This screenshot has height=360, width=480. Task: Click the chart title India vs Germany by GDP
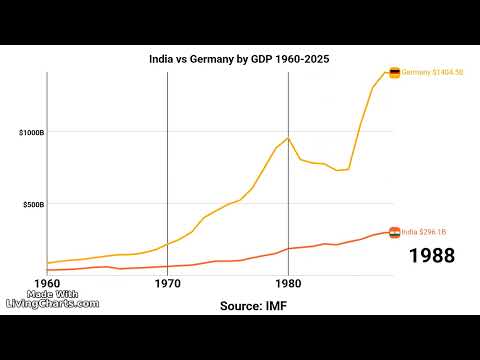(239, 59)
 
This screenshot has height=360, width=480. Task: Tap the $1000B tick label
(30, 133)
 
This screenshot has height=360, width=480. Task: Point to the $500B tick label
(32, 204)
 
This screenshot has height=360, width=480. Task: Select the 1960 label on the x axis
(47, 283)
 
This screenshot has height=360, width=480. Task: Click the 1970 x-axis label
(167, 283)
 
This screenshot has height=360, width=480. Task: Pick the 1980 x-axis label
(288, 283)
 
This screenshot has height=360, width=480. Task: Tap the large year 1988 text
(432, 256)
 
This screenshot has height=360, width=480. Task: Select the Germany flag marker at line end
(395, 73)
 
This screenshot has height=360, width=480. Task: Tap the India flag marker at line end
(395, 232)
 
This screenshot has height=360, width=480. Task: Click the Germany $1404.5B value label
(432, 73)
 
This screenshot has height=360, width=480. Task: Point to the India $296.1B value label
(425, 232)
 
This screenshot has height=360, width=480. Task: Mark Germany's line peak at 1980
(288, 138)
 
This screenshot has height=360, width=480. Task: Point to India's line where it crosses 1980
(288, 248)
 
